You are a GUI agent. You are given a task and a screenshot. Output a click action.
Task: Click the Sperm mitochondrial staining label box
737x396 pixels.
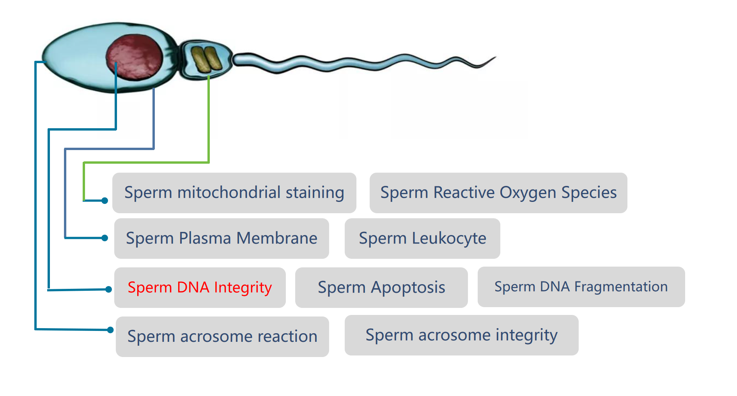click(234, 193)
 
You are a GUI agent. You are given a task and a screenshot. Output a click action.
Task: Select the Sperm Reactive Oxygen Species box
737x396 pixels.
click(498, 193)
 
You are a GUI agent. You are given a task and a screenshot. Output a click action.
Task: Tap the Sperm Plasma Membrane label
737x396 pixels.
click(221, 239)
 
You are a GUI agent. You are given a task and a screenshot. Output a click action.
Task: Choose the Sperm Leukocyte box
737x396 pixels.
click(422, 239)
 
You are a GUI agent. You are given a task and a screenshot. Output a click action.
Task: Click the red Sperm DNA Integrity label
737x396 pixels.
click(200, 288)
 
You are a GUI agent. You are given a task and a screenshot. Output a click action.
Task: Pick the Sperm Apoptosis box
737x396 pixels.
click(381, 288)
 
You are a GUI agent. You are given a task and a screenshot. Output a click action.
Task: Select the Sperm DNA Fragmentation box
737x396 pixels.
click(581, 287)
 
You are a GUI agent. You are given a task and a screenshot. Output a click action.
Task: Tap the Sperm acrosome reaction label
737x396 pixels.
click(222, 337)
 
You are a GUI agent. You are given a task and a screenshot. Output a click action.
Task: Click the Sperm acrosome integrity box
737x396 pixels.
click(461, 335)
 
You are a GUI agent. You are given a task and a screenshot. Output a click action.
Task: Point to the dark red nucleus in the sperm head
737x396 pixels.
click(135, 57)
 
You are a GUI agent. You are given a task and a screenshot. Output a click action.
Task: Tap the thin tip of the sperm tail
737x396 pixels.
click(495, 57)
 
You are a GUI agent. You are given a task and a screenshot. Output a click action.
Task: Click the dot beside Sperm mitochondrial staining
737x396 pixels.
click(105, 201)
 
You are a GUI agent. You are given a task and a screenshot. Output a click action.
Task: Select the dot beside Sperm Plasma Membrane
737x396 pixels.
click(105, 238)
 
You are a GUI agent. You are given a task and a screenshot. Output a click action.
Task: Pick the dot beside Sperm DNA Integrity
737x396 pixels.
click(109, 289)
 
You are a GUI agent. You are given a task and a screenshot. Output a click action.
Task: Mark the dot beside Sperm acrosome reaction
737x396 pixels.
click(110, 330)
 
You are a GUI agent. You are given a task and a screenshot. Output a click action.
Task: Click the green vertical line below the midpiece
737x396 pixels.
click(209, 119)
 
